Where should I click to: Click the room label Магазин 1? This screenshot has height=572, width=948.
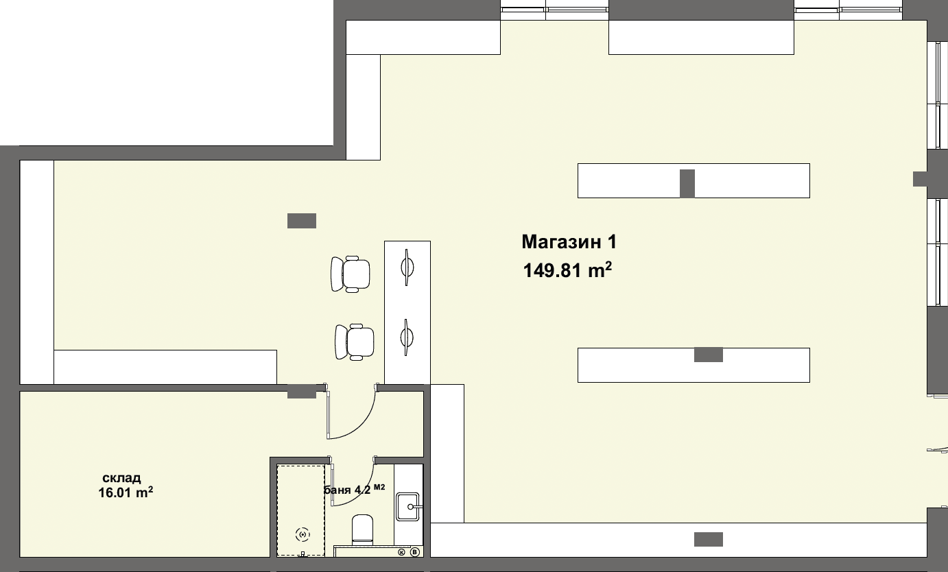pos(569,242)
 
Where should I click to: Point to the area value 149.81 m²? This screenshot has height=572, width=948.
pos(567,270)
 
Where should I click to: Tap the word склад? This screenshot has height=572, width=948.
pos(121,478)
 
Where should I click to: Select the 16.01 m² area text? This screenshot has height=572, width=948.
pos(126,492)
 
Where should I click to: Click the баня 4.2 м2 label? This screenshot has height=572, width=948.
pos(354,490)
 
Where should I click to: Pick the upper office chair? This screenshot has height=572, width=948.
pos(351,274)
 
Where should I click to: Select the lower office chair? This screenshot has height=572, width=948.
pos(355,342)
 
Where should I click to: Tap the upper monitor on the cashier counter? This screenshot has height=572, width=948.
pos(407,267)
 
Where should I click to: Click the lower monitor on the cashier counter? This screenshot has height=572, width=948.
pos(407,337)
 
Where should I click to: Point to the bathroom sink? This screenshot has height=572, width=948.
pos(407,506)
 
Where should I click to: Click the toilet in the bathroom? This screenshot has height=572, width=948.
pos(362,529)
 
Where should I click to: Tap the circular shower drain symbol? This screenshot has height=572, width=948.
pos(303,535)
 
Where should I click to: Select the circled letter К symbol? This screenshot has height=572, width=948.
pos(401,552)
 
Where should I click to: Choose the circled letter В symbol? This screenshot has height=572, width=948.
pos(415,552)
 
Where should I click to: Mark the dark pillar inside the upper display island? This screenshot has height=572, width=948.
pos(687,184)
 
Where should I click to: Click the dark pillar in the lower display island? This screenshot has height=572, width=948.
pos(709,355)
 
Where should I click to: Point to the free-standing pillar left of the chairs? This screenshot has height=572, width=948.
pos(302,221)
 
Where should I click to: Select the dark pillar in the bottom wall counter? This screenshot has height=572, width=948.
pos(709,540)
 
